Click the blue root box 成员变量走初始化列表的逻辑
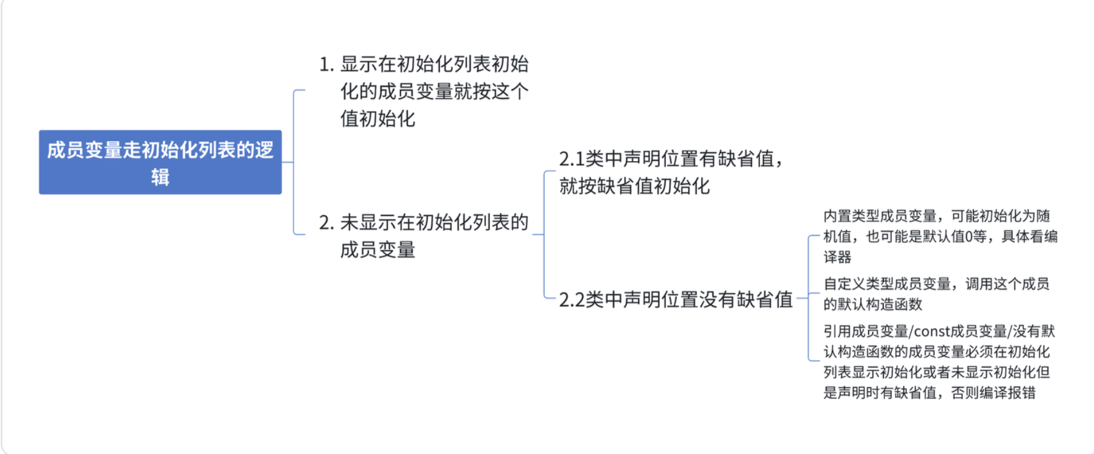point(160,162)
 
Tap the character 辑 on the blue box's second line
point(160,177)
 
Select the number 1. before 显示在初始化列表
point(326,64)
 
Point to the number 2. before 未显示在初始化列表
point(326,223)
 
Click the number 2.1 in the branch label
point(571,159)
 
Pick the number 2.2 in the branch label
point(572,300)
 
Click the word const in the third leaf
point(932,332)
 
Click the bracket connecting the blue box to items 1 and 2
point(293,162)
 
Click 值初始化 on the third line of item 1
point(378,119)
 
